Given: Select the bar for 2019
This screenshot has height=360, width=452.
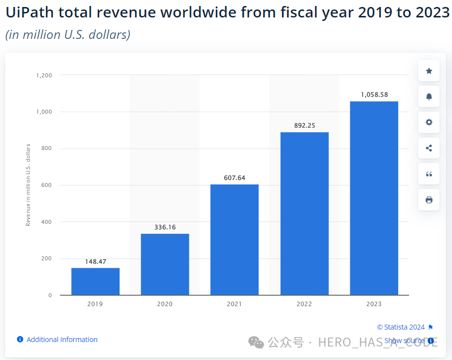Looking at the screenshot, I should (95, 281).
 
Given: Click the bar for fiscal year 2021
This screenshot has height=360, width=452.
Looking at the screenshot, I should (234, 239).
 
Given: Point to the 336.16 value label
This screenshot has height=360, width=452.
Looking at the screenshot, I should (165, 227).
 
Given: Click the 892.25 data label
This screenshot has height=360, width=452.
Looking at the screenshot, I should (304, 126).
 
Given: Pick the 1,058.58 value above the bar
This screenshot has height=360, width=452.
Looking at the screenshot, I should (374, 95).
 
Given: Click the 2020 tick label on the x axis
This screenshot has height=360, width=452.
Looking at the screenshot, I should (165, 304).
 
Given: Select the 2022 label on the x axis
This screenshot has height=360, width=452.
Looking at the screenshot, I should (304, 304).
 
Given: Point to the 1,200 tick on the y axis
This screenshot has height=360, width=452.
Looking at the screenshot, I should (44, 75).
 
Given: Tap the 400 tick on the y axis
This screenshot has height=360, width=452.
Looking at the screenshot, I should (46, 222).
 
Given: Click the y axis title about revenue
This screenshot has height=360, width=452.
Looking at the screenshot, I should (28, 185).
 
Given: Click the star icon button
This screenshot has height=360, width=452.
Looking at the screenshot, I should (429, 71).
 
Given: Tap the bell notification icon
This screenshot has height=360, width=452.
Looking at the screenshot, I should (429, 97).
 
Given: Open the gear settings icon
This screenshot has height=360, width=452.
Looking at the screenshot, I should (429, 122).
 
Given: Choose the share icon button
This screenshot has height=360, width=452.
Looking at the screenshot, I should (429, 148).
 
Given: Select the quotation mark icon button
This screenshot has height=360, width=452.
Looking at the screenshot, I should (429, 174).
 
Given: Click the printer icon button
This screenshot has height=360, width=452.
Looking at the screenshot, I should (429, 200).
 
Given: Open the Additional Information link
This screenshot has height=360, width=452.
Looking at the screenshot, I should (62, 340).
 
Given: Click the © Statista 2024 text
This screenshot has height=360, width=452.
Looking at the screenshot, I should (401, 327).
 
